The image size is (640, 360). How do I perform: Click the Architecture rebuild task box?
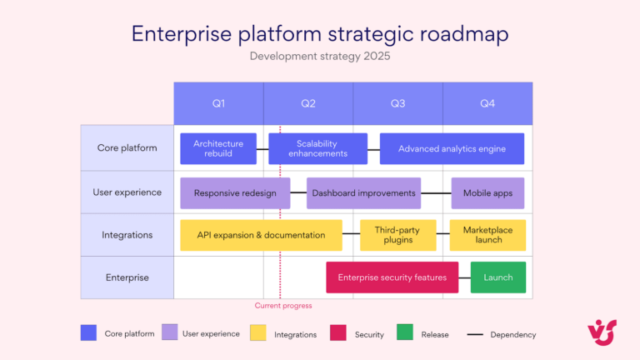pos(218,148)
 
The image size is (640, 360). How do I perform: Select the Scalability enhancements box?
pos(317,148)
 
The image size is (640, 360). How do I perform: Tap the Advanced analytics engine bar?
pos(452,148)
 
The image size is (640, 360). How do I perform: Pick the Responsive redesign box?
pos(235,192)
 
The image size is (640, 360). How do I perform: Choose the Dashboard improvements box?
pos(363,192)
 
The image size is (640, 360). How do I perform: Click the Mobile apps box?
pos(487,192)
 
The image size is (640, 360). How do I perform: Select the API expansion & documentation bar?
pos(261,235)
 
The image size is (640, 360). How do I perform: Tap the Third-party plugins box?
pos(397,235)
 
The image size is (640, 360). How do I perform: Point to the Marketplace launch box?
pos(487,235)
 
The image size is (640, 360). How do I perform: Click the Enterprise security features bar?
pos(392,277)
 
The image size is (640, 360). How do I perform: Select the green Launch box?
pos(498,277)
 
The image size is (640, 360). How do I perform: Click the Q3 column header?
pos(397,103)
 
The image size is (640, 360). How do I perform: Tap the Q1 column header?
pos(218,103)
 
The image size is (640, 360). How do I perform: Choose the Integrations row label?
pos(127,235)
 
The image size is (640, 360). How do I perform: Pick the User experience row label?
pos(127,192)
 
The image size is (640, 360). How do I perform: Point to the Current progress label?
pos(283,306)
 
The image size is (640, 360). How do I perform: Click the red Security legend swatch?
pos(338,333)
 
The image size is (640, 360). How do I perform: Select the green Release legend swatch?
pos(404,333)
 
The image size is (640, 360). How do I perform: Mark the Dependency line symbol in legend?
pos(475,334)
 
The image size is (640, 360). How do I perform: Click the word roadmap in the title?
pos(456,34)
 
